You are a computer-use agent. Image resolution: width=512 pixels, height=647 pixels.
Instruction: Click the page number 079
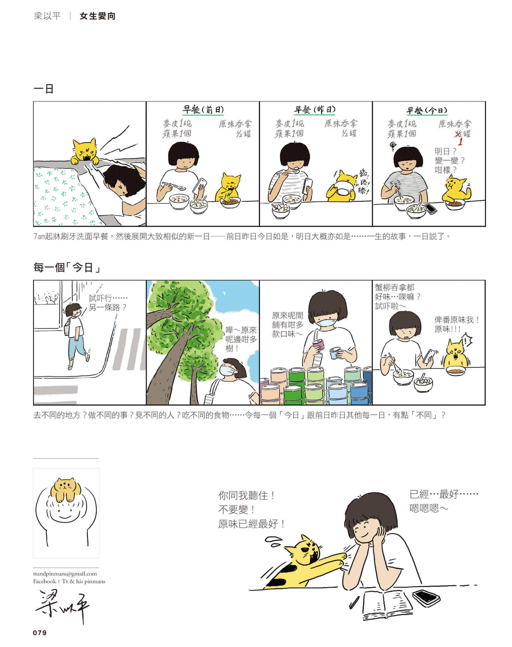pos(40,632)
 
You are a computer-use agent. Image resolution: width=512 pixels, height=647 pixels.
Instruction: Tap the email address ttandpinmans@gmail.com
pos(65,574)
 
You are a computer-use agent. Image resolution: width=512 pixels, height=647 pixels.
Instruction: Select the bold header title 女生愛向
pos(98,16)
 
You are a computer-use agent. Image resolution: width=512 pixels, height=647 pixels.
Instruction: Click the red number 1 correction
pos(460,142)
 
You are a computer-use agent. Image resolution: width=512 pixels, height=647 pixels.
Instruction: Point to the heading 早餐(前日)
pos(203,110)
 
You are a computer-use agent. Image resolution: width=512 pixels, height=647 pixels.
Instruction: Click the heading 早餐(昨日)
pos(315,110)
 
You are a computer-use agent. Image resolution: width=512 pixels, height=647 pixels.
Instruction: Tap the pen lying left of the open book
pos(354,602)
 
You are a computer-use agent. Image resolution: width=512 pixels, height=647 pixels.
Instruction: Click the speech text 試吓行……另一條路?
pos(108,303)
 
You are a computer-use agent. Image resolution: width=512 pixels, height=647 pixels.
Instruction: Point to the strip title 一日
pos(44,89)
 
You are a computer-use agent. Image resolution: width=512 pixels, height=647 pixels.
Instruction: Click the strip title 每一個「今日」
pos(67,268)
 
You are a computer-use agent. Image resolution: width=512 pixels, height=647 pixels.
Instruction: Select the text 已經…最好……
pos(444,494)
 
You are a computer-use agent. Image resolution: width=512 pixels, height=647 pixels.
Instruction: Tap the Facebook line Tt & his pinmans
pos(69,581)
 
